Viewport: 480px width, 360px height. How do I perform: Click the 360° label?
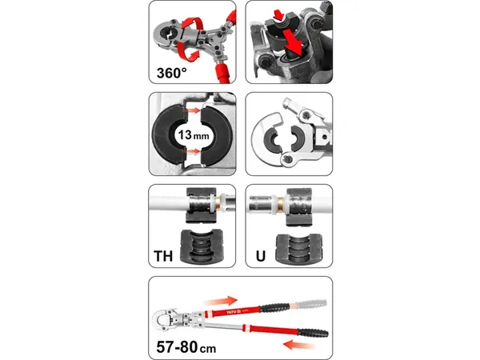click(171, 73)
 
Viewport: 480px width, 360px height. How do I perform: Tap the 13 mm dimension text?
click(194, 134)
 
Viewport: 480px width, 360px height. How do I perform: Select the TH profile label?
click(163, 256)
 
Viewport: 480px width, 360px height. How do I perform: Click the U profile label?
click(261, 256)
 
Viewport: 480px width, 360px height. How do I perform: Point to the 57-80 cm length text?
click(186, 347)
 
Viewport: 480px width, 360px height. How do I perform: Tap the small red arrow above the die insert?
click(279, 14)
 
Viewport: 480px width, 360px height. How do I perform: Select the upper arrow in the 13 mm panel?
click(191, 110)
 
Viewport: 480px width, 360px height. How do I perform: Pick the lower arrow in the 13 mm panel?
click(191, 151)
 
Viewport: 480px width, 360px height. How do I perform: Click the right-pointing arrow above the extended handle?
click(221, 301)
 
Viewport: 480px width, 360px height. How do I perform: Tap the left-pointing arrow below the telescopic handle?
click(299, 344)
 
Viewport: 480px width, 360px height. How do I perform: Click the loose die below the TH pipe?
click(202, 246)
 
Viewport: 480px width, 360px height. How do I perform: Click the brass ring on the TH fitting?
click(218, 202)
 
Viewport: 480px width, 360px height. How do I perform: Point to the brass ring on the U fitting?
click(279, 202)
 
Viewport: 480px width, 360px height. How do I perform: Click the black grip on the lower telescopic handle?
click(313, 333)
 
